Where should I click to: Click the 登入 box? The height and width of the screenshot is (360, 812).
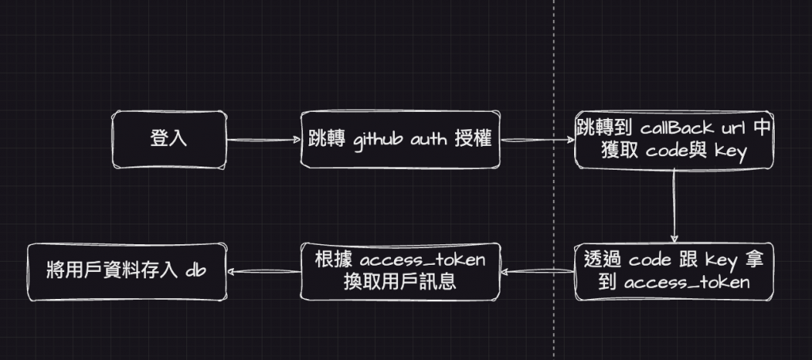(x=168, y=140)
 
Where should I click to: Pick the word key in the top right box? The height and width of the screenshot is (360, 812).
(x=730, y=152)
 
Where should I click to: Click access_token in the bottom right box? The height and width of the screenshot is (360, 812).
(x=687, y=282)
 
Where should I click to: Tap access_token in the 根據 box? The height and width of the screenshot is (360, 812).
(x=421, y=261)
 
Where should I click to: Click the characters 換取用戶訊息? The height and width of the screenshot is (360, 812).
(x=400, y=282)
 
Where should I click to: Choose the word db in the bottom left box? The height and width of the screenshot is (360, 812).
(x=196, y=270)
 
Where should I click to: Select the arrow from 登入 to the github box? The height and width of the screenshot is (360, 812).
(x=262, y=141)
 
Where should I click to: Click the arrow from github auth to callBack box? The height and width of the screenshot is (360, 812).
(x=538, y=140)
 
